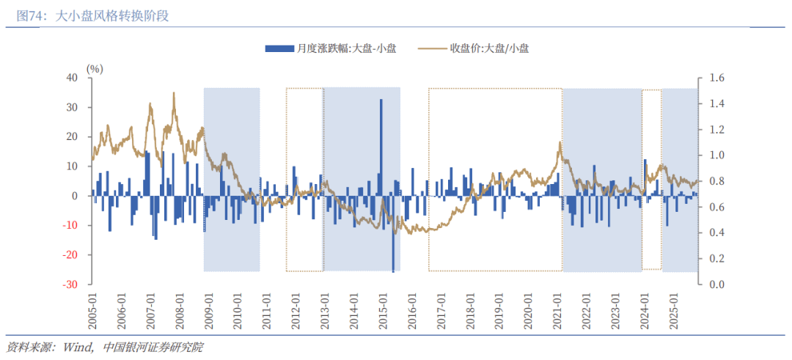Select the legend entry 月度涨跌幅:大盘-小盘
tap(330, 48)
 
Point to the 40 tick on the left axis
tap(71, 78)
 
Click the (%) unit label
tap(95, 68)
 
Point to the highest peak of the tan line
tap(174, 93)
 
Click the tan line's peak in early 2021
tap(560, 142)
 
